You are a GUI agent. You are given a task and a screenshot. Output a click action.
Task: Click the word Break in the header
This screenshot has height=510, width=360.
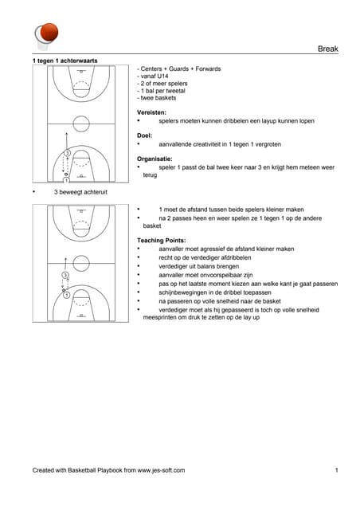pos(328,49)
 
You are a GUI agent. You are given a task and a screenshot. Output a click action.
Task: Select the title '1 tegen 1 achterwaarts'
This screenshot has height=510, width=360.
pos(65,61)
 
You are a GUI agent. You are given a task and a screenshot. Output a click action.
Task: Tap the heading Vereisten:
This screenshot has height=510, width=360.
pos(151,112)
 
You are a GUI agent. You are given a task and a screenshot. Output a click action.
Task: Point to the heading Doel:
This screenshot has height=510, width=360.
pos(144,135)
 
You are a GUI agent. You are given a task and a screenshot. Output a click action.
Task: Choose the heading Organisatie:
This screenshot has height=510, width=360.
pos(155,159)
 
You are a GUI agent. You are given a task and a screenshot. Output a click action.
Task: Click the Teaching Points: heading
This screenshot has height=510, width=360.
pos(162,241)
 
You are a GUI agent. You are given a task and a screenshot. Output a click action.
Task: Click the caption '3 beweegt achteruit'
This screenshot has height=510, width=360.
pos(80,192)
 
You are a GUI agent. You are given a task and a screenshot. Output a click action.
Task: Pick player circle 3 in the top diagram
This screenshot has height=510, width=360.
pos(67,153)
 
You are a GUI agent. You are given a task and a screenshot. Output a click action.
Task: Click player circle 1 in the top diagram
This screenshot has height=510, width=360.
pos(66,180)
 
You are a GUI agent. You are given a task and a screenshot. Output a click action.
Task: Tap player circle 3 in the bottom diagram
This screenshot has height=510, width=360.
pos(65,275)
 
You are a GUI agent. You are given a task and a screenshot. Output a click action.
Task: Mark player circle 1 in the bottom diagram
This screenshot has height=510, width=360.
pos(66,295)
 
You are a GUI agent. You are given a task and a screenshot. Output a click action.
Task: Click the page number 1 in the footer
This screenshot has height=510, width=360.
pos(337,470)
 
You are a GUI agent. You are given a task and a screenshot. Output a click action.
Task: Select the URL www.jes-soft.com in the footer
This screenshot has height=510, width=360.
pos(161,470)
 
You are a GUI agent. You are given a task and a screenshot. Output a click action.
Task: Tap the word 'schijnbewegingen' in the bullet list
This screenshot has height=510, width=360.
pos(183,292)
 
